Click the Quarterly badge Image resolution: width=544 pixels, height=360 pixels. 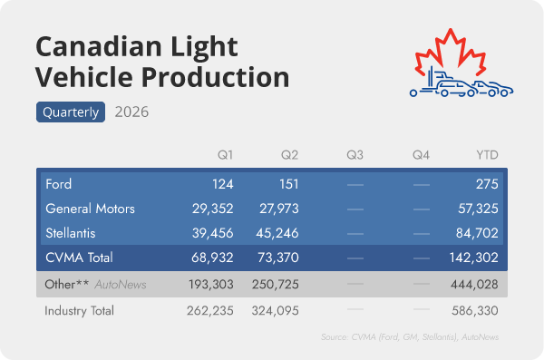coord(71,112)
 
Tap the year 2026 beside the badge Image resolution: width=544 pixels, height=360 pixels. coord(131,112)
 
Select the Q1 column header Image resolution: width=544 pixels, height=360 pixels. coord(225,155)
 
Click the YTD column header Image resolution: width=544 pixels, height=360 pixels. coord(487,155)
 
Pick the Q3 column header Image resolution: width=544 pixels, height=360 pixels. coord(355,155)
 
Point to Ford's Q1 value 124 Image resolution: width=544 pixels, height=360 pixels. coord(223,184)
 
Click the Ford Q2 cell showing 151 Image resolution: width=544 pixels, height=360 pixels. coord(289,184)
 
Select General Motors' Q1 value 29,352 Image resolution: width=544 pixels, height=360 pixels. coord(213,209)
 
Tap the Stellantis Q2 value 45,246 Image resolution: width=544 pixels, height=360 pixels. coord(277,233)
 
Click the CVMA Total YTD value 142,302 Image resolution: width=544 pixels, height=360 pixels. coord(474,258)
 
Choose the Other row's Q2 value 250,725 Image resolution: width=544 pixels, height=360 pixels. coord(276,285)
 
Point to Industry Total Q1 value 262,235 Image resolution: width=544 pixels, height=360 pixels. coord(210,311)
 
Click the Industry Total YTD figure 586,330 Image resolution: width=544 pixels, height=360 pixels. coord(475,311)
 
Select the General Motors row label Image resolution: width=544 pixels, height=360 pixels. coord(90,209)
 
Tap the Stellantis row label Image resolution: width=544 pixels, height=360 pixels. coord(71,233)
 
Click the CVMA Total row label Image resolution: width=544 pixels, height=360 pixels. coord(79,258)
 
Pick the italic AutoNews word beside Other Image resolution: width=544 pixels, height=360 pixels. coord(121,285)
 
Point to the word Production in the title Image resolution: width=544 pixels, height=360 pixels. coord(215,77)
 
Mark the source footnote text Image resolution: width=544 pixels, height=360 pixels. coord(410,337)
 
